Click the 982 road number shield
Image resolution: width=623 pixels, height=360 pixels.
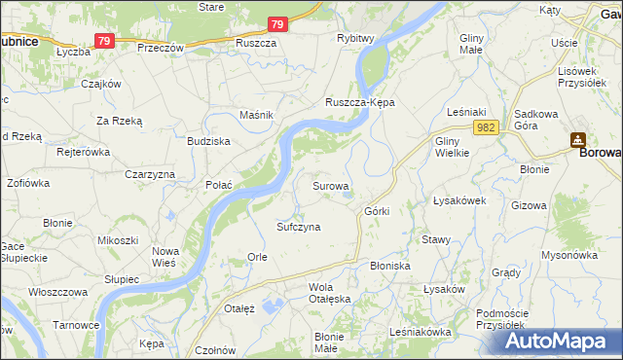point(488,127)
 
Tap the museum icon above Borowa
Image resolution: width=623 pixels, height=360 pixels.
point(578,138)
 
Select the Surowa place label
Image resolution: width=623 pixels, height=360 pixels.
point(330,184)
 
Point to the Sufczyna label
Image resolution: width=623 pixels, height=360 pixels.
point(298,226)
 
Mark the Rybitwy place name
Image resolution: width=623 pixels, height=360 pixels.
point(355,38)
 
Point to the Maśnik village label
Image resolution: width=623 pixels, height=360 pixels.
point(256,115)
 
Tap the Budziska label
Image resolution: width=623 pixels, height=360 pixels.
point(208,141)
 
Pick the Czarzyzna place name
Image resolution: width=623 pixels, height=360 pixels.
point(149,173)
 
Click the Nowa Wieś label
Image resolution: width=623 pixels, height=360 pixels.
point(165,256)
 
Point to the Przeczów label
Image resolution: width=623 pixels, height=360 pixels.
point(161,47)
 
